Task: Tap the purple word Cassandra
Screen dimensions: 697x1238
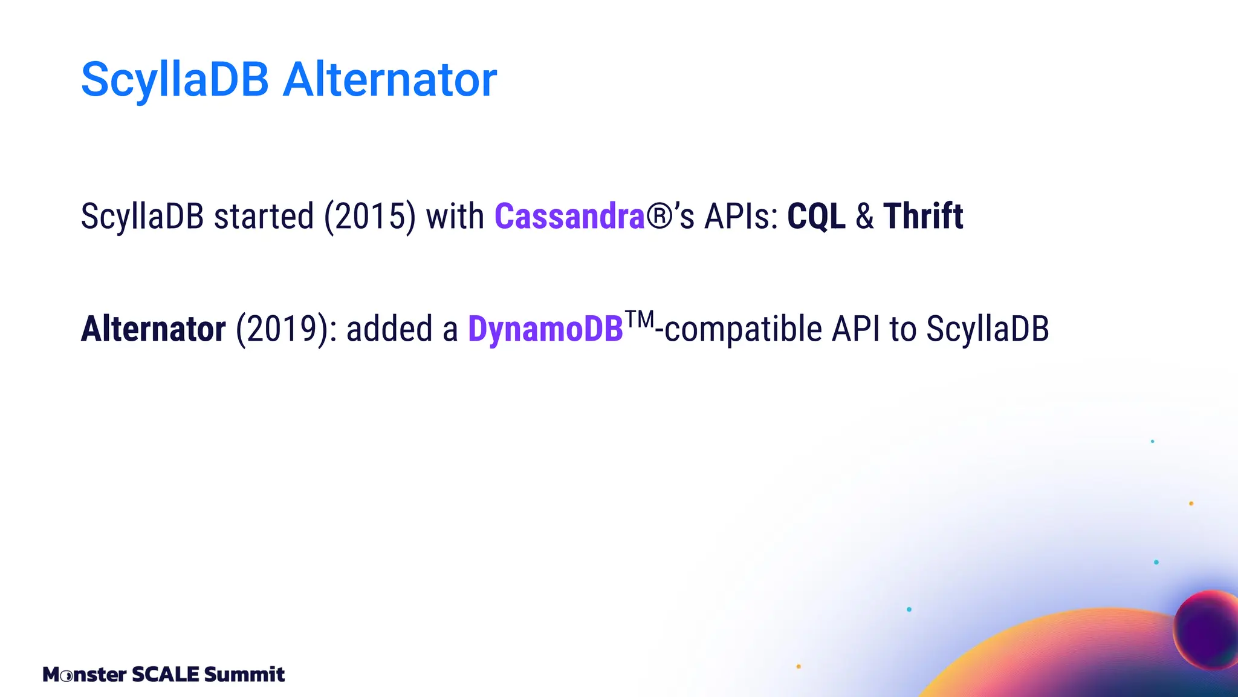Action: point(569,216)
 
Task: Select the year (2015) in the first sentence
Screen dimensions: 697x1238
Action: point(370,216)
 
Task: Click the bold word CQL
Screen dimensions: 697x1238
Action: point(816,216)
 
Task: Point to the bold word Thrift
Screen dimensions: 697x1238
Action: point(923,216)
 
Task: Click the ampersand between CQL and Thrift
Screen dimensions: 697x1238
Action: point(864,216)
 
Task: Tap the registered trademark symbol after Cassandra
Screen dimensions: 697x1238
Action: point(660,216)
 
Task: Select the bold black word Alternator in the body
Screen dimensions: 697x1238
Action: point(154,329)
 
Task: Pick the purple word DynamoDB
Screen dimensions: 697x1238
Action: point(545,329)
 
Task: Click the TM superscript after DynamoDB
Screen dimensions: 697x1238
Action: point(639,319)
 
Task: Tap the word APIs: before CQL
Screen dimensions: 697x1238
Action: point(742,216)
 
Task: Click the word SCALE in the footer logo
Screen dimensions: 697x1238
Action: point(165,674)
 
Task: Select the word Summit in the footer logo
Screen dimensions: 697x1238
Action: point(244,674)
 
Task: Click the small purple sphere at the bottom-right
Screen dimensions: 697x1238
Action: point(1207,629)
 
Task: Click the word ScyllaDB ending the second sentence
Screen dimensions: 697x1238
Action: point(987,329)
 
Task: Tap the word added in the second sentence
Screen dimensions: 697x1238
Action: point(389,329)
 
